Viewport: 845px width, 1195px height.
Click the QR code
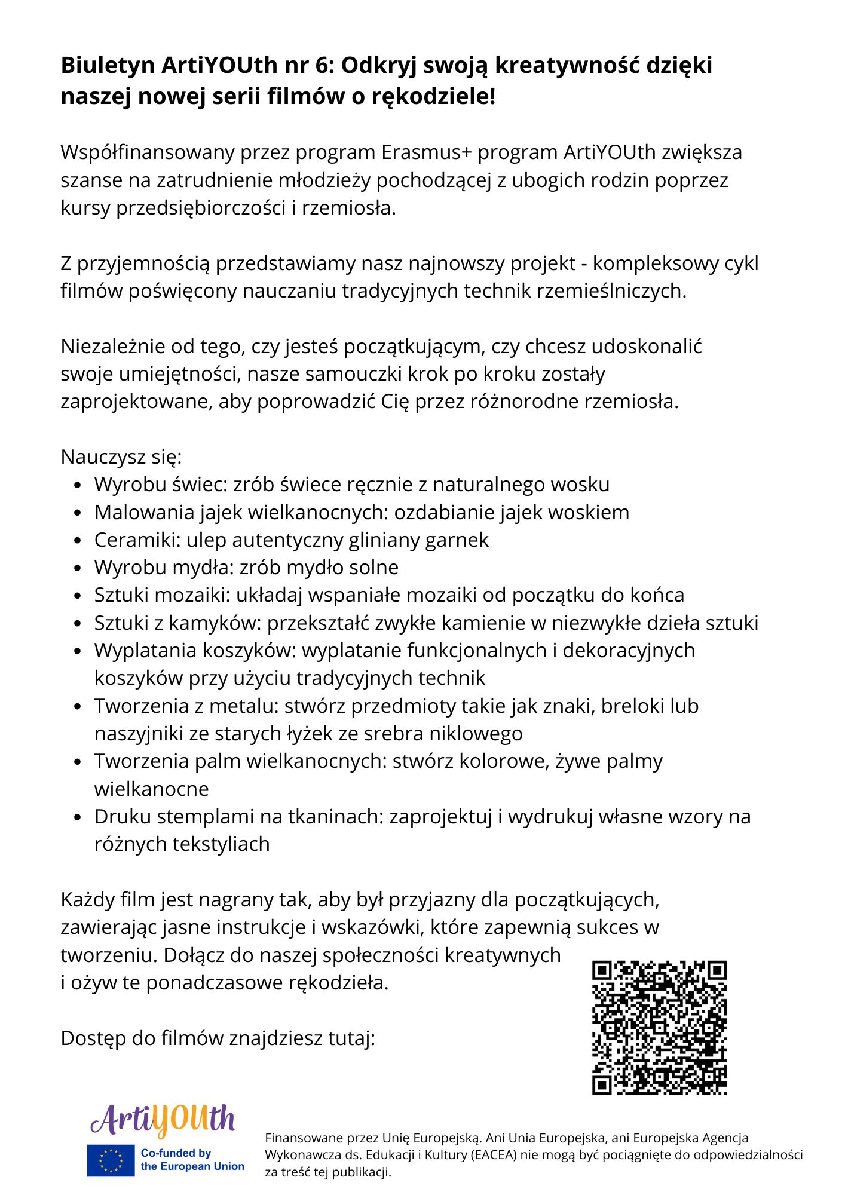[659, 1028]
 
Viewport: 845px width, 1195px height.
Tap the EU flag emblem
[111, 1160]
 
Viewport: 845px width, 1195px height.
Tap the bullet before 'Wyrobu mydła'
[77, 568]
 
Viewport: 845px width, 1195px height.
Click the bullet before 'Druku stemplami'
[77, 817]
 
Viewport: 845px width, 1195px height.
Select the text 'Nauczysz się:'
[121, 457]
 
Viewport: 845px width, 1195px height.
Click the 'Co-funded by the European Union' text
[192, 1160]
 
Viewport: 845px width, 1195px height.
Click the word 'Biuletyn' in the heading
[108, 65]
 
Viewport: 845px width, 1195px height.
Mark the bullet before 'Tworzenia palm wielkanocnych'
[77, 762]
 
